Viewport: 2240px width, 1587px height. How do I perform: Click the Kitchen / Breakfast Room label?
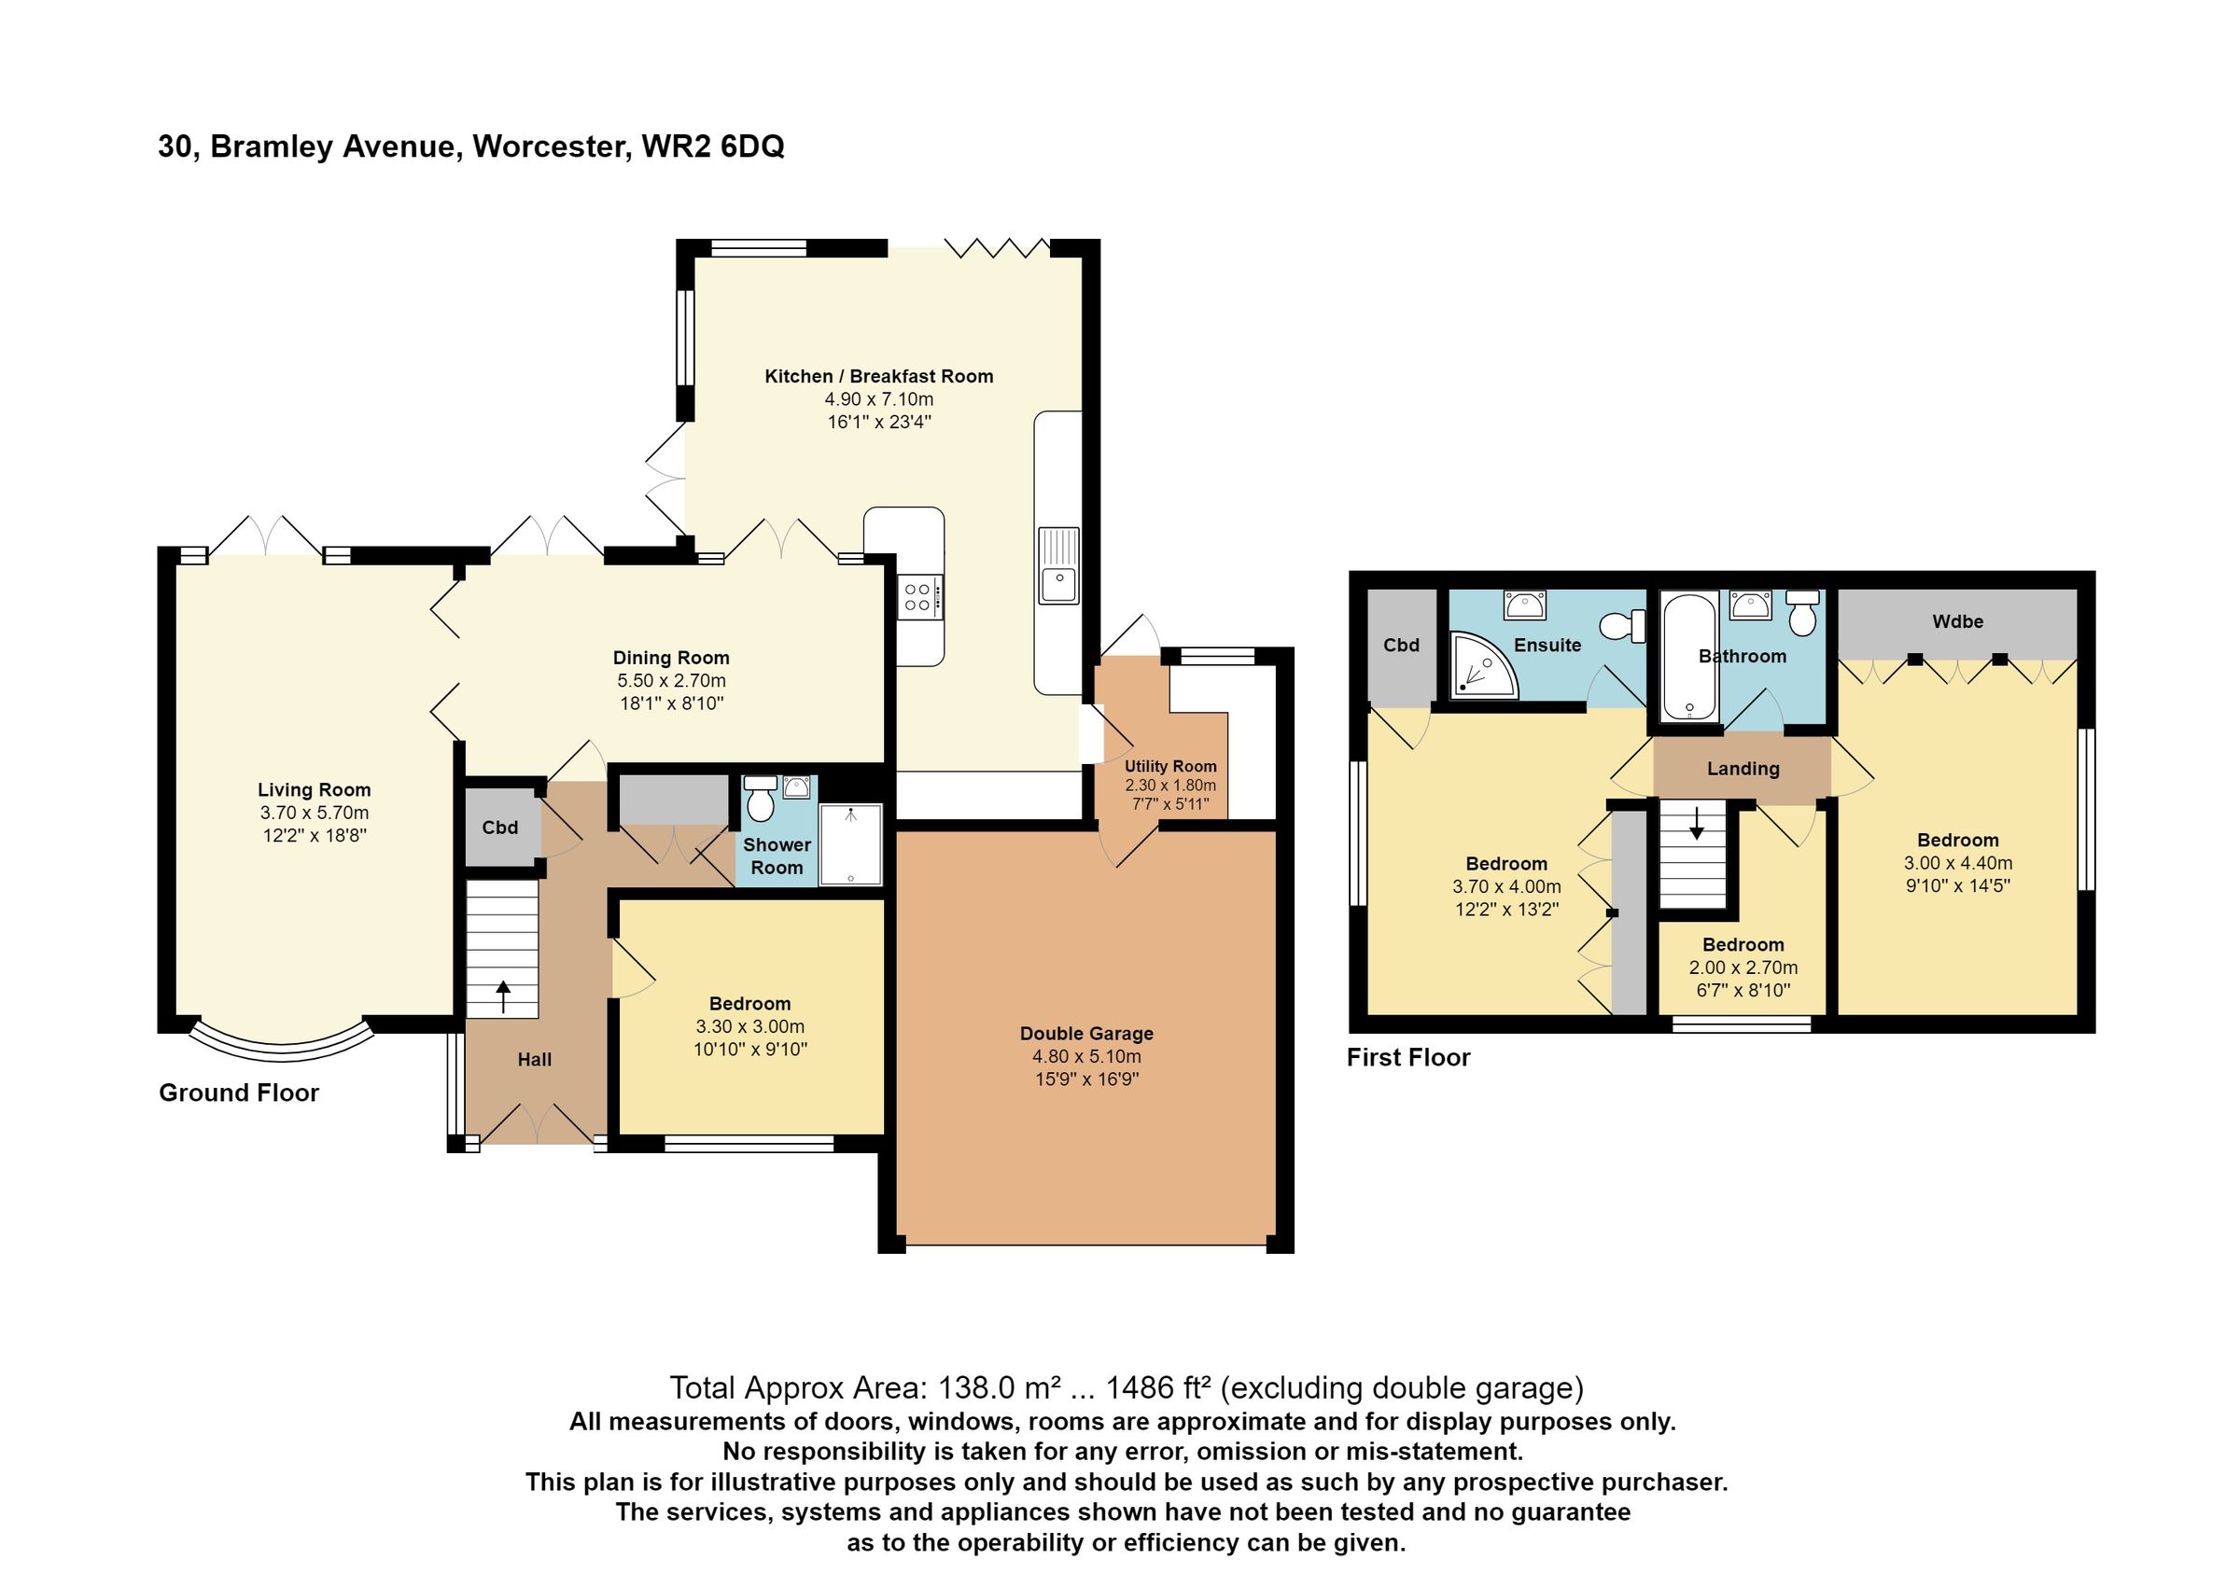[877, 376]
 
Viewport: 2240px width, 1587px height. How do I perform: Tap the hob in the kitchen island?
[919, 597]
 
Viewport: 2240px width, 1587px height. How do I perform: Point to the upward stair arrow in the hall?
[503, 996]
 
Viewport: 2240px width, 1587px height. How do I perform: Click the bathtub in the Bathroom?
[1688, 656]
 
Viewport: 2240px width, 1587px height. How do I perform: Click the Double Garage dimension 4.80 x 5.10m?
[1085, 1056]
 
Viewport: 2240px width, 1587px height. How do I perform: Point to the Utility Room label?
[1169, 766]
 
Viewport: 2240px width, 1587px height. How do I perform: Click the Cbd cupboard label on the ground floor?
[499, 828]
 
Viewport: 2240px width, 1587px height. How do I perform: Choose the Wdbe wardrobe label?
[1957, 621]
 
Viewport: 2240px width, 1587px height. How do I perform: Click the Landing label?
[1743, 769]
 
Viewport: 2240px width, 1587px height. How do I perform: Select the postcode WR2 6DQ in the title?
[712, 146]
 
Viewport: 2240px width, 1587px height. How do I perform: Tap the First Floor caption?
[1407, 1057]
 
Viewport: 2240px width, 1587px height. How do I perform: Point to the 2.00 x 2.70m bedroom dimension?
[1743, 968]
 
